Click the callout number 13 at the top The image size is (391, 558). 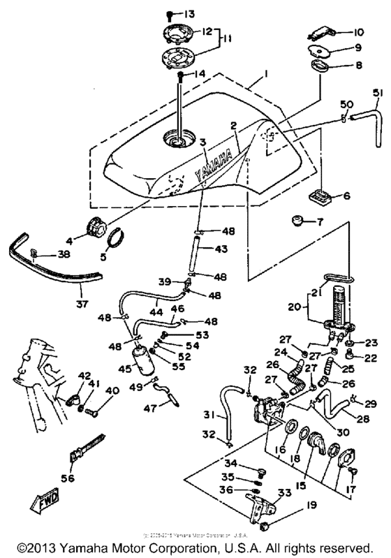point(190,13)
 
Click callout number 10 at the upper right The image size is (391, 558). point(357,31)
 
